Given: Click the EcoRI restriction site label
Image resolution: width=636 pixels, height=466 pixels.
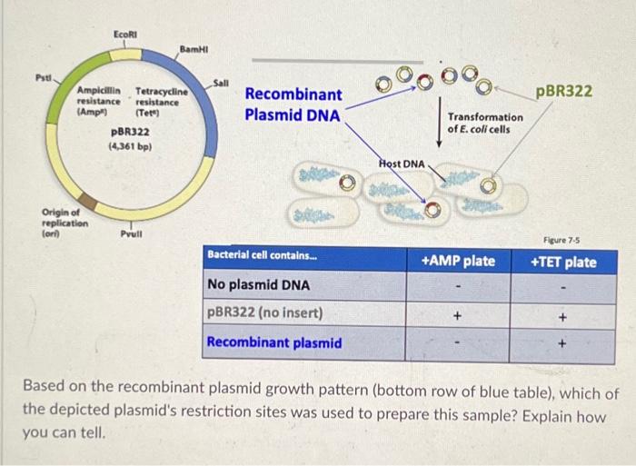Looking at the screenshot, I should (126, 34).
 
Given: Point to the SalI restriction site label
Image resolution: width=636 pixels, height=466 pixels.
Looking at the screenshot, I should (223, 84).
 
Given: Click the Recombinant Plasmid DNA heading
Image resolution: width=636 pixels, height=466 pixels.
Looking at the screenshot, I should (293, 104).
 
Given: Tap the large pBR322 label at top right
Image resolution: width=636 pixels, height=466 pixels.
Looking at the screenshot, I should (564, 93).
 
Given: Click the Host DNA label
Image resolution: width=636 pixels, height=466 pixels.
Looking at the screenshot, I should (401, 162).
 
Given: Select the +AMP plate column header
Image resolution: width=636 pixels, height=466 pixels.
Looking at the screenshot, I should (459, 262).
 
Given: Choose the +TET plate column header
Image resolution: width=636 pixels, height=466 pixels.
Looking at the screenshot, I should (563, 263).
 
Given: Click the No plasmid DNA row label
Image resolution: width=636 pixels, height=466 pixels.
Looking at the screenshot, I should (258, 285).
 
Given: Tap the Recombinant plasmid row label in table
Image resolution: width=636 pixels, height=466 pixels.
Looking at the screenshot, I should (274, 342).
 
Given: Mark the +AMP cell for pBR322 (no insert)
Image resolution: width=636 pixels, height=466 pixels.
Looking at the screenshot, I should (459, 315).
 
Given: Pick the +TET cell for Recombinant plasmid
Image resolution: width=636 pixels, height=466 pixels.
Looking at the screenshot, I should (563, 344).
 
